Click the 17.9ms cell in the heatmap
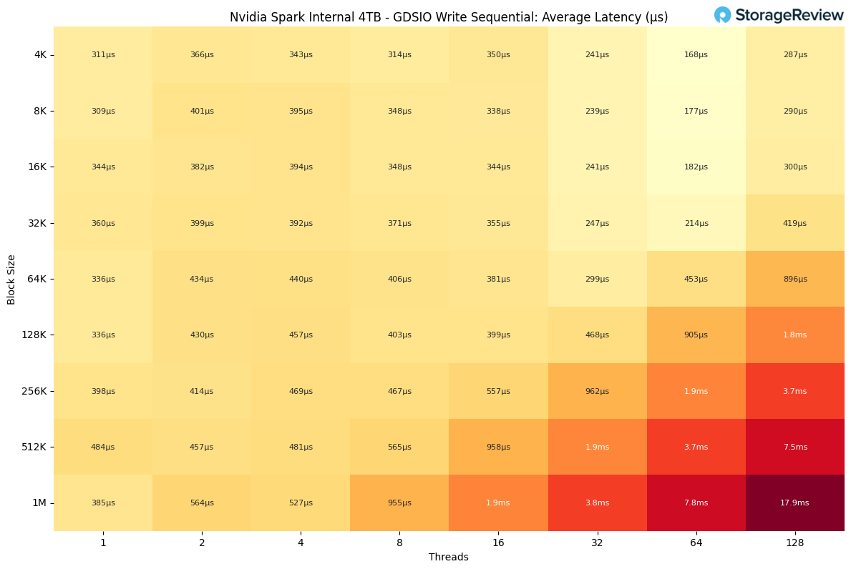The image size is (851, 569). (x=794, y=503)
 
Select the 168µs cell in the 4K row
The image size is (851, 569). (x=696, y=55)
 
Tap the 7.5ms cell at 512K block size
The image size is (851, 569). (x=794, y=447)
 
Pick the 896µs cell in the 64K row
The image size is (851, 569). (x=794, y=279)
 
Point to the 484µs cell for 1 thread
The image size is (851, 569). (x=103, y=447)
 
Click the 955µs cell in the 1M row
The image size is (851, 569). (x=399, y=503)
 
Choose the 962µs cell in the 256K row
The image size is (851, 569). (x=597, y=392)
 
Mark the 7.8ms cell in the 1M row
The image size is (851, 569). (x=696, y=503)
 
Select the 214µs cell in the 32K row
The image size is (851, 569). (x=696, y=224)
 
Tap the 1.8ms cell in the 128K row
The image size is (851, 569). (x=794, y=335)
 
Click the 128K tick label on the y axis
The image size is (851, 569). (x=34, y=335)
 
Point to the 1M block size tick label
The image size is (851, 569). (x=39, y=503)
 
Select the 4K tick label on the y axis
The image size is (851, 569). (x=39, y=55)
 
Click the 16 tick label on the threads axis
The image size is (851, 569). (x=498, y=543)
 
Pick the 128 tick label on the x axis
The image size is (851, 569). (x=794, y=543)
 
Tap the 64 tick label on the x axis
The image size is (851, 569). (x=696, y=543)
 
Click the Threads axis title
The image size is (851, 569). (x=449, y=558)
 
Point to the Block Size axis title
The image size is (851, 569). (x=11, y=279)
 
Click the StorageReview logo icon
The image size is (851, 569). (x=722, y=15)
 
